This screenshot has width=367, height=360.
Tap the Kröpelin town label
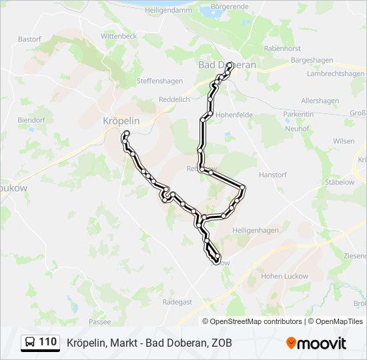pos(121,121)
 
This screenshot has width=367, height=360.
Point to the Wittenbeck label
pos(119,35)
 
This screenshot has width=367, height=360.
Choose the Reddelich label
pos(174,99)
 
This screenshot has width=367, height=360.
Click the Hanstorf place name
pos(272,175)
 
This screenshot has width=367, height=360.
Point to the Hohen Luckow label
pos(284,276)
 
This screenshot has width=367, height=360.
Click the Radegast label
pos(177,302)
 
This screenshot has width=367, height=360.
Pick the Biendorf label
pos(31,119)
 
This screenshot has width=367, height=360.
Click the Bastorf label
pos(29,39)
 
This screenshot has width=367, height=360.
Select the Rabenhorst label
pos(283,48)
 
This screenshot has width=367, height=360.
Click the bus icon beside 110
pos(29,343)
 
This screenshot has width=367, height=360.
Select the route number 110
pos(48,343)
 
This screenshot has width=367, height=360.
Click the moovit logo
pos(316,343)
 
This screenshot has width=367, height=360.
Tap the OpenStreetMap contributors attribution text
pos(256,321)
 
